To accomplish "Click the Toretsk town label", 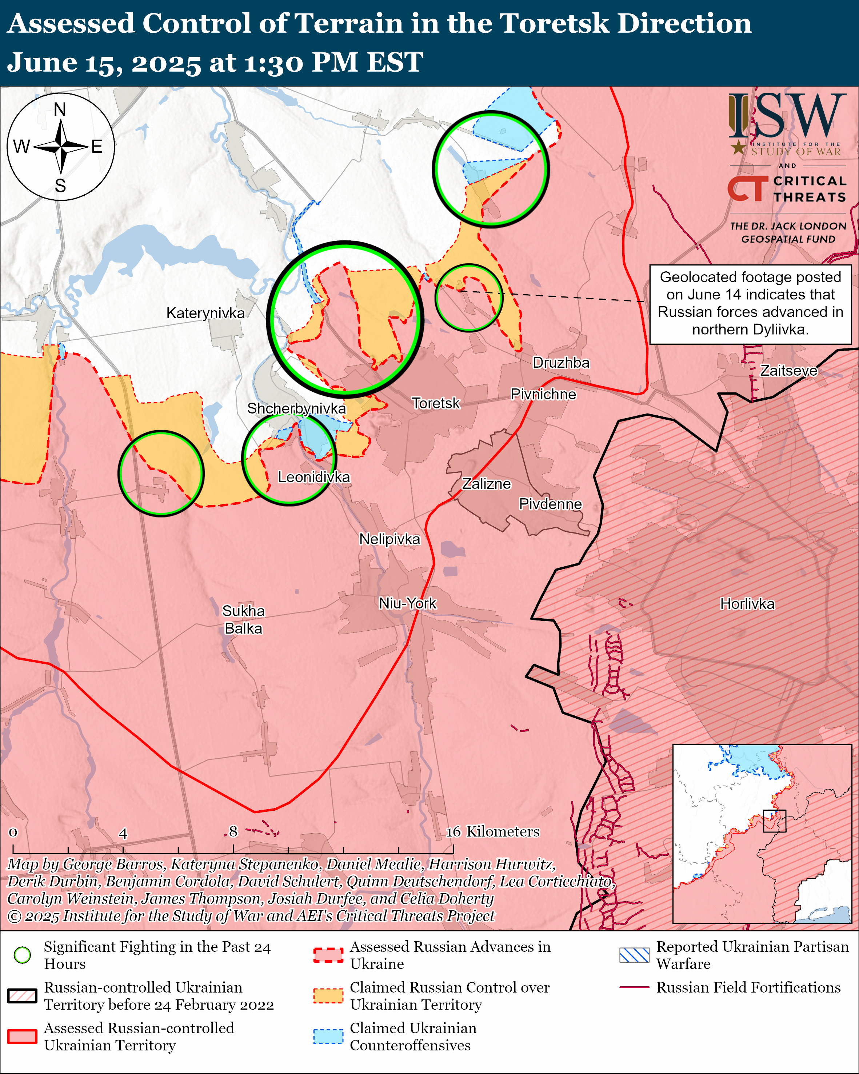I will pyautogui.click(x=436, y=403).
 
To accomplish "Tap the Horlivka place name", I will pyautogui.click(x=747, y=604).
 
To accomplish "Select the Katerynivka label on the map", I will pyautogui.click(x=205, y=314).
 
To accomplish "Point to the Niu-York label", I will pyautogui.click(x=407, y=603).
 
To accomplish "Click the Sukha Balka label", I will pyautogui.click(x=243, y=620).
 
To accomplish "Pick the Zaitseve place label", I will pyautogui.click(x=788, y=371).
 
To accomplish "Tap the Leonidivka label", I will pyautogui.click(x=314, y=477).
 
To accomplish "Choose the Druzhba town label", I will pyautogui.click(x=561, y=363).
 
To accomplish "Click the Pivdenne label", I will pyautogui.click(x=550, y=504).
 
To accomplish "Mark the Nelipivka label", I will pyautogui.click(x=389, y=539).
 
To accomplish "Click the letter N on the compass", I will pyautogui.click(x=60, y=109).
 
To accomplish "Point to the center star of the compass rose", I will pyautogui.click(x=61, y=147).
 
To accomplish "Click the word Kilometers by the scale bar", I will pyautogui.click(x=503, y=832).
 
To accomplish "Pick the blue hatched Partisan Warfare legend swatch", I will pyautogui.click(x=634, y=955).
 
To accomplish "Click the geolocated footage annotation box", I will pyautogui.click(x=750, y=304).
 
